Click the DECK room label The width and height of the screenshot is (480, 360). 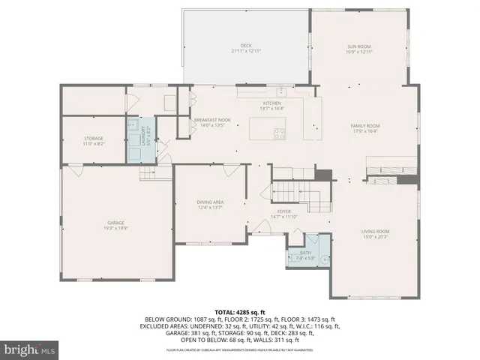(x=246, y=46)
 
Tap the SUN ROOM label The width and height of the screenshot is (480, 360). (x=358, y=46)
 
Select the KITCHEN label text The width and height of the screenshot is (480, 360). (x=271, y=103)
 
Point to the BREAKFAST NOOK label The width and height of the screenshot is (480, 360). (x=212, y=120)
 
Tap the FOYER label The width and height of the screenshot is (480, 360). (x=283, y=211)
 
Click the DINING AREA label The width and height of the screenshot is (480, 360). (x=210, y=202)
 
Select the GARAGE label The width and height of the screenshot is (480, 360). (x=115, y=223)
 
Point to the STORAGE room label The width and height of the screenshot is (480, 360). (x=93, y=139)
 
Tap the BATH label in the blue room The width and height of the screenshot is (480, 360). (x=305, y=253)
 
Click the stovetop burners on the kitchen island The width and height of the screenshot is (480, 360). (x=280, y=134)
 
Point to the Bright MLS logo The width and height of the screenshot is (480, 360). (x=29, y=350)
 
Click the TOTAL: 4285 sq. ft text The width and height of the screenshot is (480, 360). (x=239, y=312)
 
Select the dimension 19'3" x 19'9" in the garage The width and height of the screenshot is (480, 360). (x=115, y=227)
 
